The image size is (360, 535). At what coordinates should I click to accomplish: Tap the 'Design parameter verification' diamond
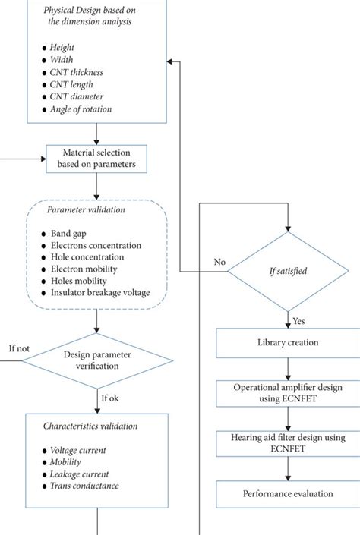pyautogui.click(x=96, y=360)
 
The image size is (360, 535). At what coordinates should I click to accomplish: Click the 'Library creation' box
pyautogui.click(x=287, y=343)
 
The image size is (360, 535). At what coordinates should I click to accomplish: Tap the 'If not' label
pyautogui.click(x=19, y=349)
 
